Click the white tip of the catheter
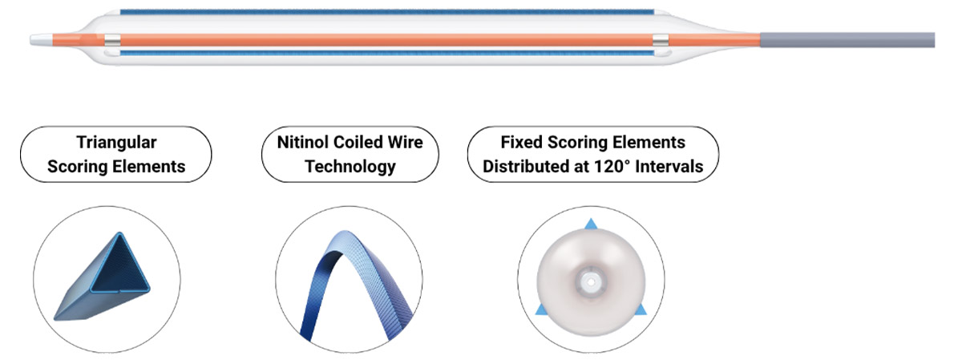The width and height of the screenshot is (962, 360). (41, 40)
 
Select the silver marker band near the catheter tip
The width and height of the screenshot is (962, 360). (112, 40)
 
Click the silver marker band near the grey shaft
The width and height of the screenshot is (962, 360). (660, 40)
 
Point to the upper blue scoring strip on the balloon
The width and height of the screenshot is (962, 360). (386, 12)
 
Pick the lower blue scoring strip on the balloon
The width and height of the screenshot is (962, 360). (386, 53)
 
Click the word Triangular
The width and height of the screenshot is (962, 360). (116, 143)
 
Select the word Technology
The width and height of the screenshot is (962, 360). (350, 167)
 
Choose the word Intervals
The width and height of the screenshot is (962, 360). (669, 166)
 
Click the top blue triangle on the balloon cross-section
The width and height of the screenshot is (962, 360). (591, 224)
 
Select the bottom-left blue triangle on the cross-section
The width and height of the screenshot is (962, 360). (541, 309)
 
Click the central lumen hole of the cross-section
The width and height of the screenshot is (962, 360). (591, 282)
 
